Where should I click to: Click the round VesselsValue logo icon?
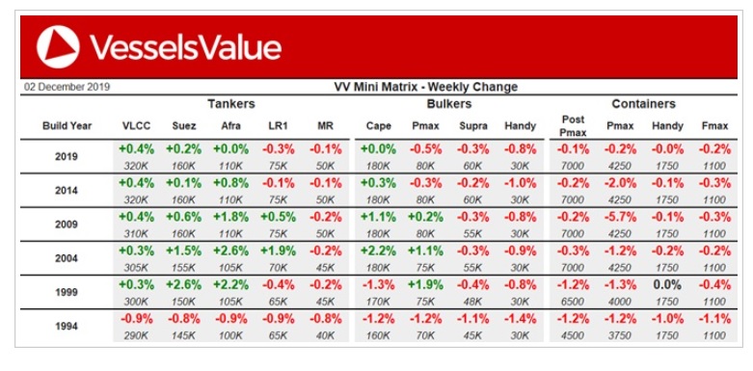point(58,47)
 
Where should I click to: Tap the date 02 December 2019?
point(67,88)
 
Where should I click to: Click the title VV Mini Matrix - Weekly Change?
point(425,87)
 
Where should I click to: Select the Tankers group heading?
point(231,104)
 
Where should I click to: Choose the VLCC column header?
point(136,126)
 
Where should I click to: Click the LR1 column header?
point(278,126)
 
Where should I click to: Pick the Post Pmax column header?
point(573,125)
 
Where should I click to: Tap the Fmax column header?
point(714,126)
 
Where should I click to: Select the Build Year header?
point(67,126)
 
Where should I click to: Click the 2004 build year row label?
point(67,258)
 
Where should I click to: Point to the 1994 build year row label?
point(67,327)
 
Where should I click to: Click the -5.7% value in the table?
point(620,218)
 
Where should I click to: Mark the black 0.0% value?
point(667,285)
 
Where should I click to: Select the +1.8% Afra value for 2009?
point(231,218)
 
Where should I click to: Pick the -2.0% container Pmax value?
point(620,183)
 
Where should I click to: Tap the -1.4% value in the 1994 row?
point(520,319)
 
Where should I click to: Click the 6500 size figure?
point(573,302)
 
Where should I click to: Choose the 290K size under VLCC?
point(136,336)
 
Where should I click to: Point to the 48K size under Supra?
point(473,302)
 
